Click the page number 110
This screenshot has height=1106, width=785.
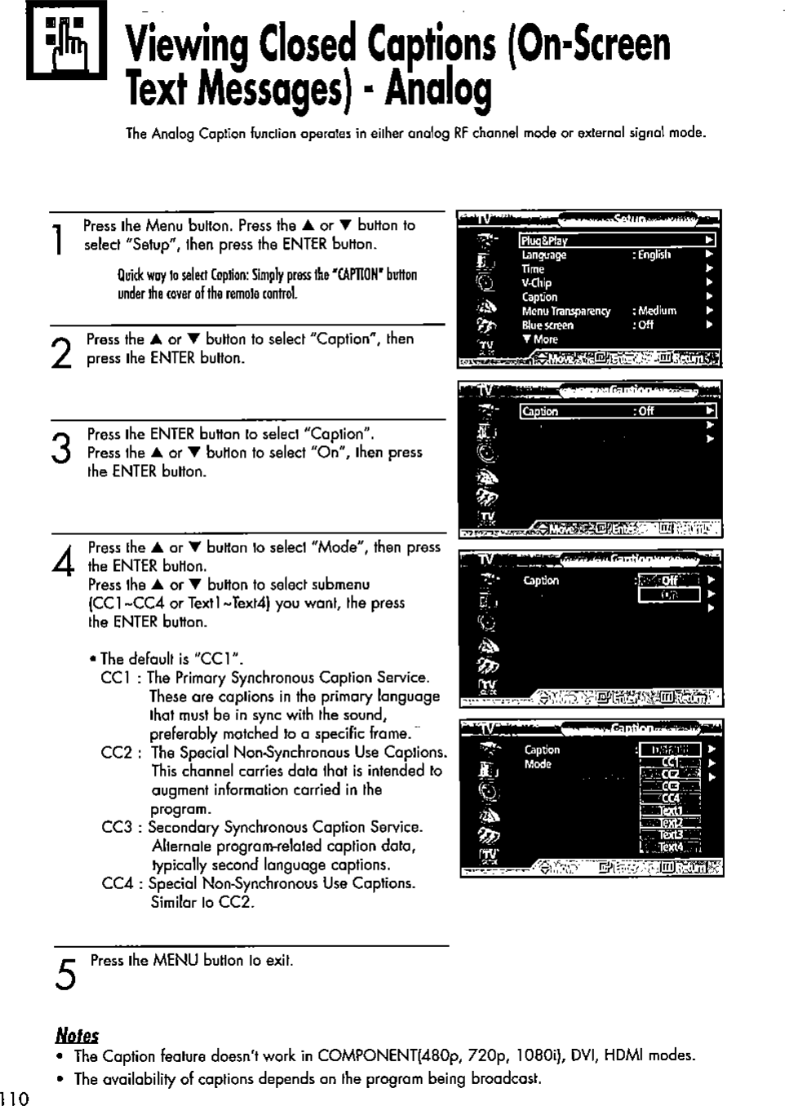[x=15, y=1098]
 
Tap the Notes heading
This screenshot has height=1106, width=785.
[x=77, y=1035]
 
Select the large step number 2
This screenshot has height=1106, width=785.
[x=59, y=352]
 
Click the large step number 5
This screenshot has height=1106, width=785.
[x=66, y=974]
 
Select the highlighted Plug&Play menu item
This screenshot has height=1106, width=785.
[x=544, y=241]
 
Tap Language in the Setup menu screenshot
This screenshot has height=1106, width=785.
[x=544, y=255]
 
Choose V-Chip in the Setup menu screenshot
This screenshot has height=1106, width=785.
[x=537, y=283]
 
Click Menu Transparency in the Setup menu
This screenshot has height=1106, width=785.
[x=566, y=311]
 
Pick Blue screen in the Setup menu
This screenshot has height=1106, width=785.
[x=548, y=325]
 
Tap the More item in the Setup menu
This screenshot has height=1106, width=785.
[x=541, y=339]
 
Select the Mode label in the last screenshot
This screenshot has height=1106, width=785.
[x=538, y=764]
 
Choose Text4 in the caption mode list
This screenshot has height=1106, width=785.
[x=671, y=847]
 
